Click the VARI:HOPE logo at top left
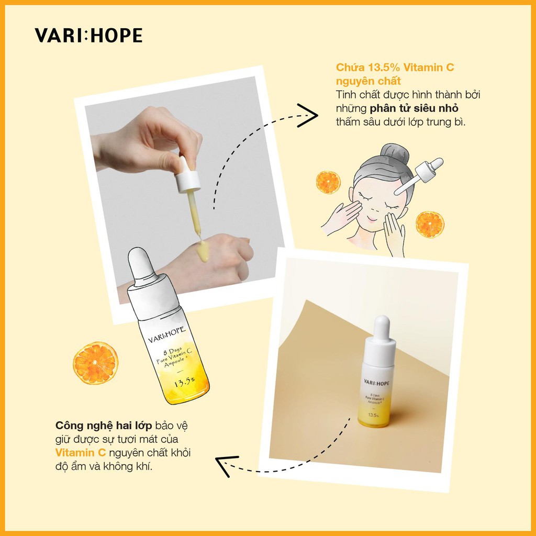point(88,35)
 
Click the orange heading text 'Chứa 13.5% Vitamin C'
point(395,68)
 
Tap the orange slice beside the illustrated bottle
point(95,363)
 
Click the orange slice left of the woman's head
point(328,182)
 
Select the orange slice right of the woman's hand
point(430,224)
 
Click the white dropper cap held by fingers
point(187,180)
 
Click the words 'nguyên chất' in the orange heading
point(368,81)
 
